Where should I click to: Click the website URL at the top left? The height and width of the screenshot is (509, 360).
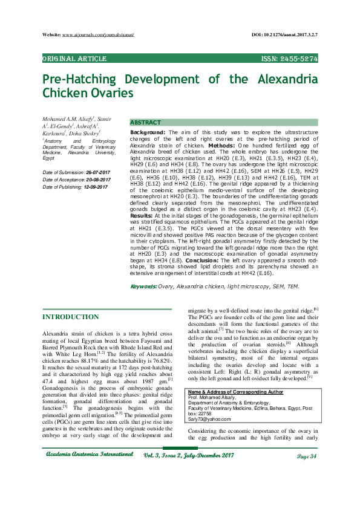[97, 36]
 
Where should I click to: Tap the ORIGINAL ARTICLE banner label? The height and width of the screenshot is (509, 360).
[74, 59]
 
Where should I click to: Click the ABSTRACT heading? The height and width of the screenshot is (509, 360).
[146, 122]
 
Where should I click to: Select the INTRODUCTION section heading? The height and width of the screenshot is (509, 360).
[70, 316]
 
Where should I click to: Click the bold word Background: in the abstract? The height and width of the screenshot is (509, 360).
[148, 132]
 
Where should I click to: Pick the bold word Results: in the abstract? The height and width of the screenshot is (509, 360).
[141, 215]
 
